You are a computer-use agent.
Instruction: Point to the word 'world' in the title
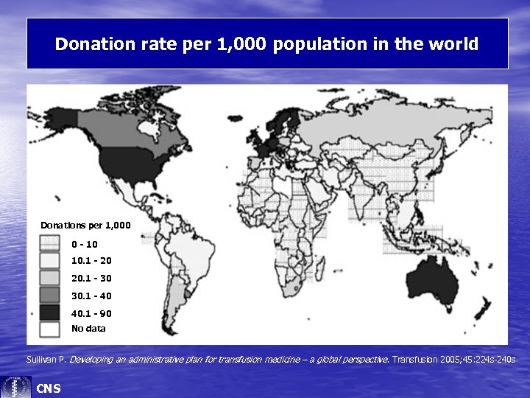pyautogui.click(x=452, y=44)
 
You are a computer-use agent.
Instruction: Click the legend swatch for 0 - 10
pyautogui.click(x=49, y=243)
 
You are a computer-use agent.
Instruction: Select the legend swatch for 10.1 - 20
pyautogui.click(x=49, y=261)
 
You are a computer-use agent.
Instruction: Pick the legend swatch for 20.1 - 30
pyautogui.click(x=49, y=279)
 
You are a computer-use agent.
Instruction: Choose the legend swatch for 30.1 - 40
pyautogui.click(x=49, y=296)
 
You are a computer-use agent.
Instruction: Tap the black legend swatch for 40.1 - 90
pyautogui.click(x=49, y=313)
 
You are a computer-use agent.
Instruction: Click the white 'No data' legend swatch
pyautogui.click(x=49, y=329)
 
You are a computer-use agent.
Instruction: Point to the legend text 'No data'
pyautogui.click(x=88, y=329)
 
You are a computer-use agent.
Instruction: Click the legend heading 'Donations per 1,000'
pyautogui.click(x=85, y=225)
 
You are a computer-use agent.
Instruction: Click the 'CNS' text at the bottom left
pyautogui.click(x=49, y=388)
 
